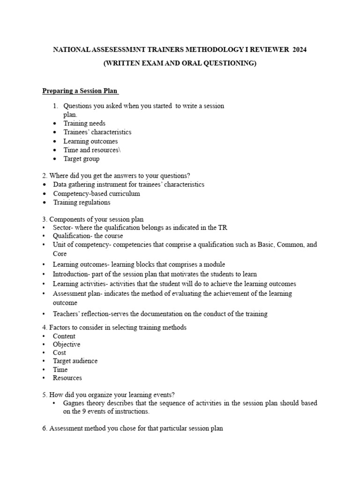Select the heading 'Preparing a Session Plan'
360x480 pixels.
point(81,90)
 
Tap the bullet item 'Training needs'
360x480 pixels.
point(85,123)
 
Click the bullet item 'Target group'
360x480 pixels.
point(82,159)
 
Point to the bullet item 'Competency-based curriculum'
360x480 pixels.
point(97,194)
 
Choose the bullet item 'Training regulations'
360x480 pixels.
point(82,202)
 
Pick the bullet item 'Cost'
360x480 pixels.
point(60,352)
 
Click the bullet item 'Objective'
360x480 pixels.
point(67,344)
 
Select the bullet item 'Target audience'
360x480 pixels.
point(75,361)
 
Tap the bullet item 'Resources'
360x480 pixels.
point(67,378)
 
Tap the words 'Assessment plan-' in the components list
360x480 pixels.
point(77,293)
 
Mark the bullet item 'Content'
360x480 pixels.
point(64,336)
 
